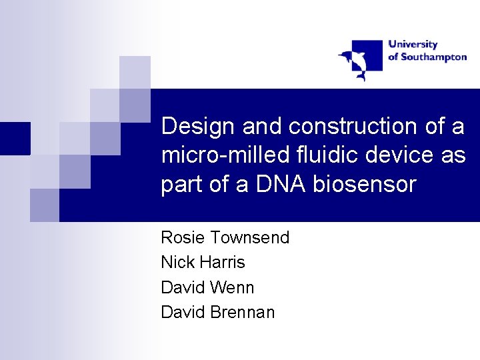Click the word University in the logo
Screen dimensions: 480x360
413,45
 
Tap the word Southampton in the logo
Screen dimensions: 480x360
434,57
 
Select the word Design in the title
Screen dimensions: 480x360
198,127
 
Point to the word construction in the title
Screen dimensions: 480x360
353,126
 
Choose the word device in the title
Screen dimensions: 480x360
399,154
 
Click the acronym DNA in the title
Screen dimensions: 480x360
281,184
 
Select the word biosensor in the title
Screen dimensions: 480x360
365,184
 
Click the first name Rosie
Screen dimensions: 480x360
183,237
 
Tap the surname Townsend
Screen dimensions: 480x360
250,237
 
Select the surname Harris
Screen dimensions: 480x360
223,262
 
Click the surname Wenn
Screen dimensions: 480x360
233,287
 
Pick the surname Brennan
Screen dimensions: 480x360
243,312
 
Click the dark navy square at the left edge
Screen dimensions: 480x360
15,139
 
